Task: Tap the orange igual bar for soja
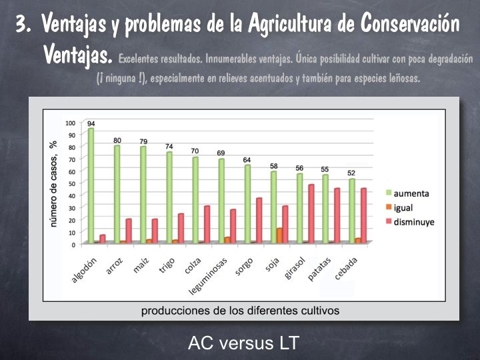pyautogui.click(x=279, y=235)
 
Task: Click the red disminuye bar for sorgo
pyautogui.click(x=259, y=220)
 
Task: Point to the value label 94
pyautogui.click(x=91, y=123)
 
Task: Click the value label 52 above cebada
pyautogui.click(x=351, y=173)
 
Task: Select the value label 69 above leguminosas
pyautogui.click(x=221, y=153)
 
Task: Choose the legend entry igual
pyautogui.click(x=402, y=207)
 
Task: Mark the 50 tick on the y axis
pyautogui.click(x=73, y=183)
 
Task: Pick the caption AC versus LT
pyautogui.click(x=244, y=343)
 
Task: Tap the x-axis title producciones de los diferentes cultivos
pyautogui.click(x=240, y=310)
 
